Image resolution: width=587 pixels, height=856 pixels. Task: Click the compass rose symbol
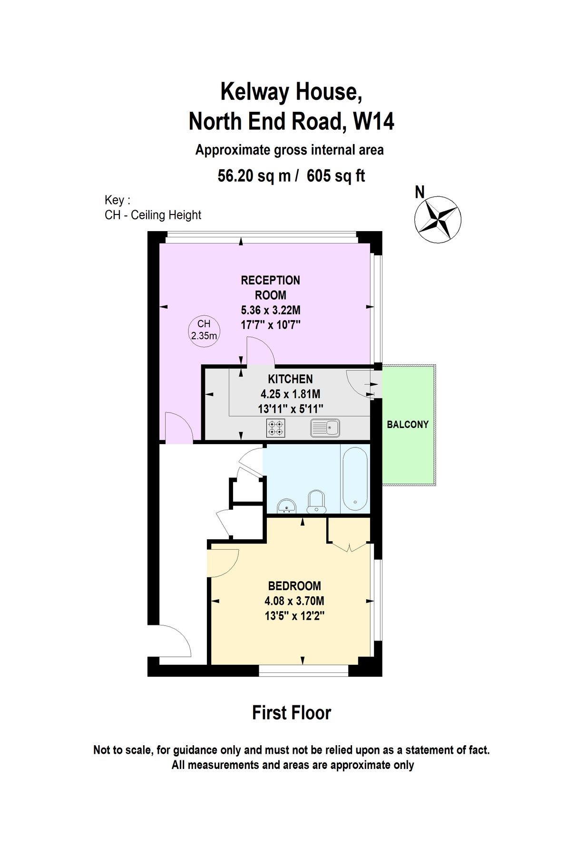[x=437, y=219]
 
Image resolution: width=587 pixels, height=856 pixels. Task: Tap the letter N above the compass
[x=420, y=192]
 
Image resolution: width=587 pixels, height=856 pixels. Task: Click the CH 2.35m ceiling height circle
[x=204, y=330]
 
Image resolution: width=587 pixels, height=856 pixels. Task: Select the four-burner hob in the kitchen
[x=276, y=428]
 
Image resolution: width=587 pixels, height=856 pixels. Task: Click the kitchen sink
[x=325, y=428]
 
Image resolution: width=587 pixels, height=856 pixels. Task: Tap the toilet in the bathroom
[x=316, y=502]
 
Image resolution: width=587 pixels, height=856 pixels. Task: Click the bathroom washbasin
[x=286, y=506]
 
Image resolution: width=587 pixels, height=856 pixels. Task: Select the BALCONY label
[x=408, y=424]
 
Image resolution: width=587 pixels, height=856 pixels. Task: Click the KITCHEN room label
[x=290, y=379]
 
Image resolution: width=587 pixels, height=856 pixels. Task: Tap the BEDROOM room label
[x=294, y=586]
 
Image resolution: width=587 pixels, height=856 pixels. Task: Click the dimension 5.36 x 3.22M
[x=271, y=310]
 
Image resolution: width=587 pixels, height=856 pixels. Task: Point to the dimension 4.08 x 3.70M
[x=294, y=601]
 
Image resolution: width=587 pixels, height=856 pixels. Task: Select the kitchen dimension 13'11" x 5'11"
[x=290, y=409]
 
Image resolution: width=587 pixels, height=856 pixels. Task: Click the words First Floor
[x=291, y=712]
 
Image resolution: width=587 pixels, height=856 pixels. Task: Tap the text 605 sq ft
[x=336, y=176]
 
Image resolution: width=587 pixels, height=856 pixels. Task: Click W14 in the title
[x=373, y=121]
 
